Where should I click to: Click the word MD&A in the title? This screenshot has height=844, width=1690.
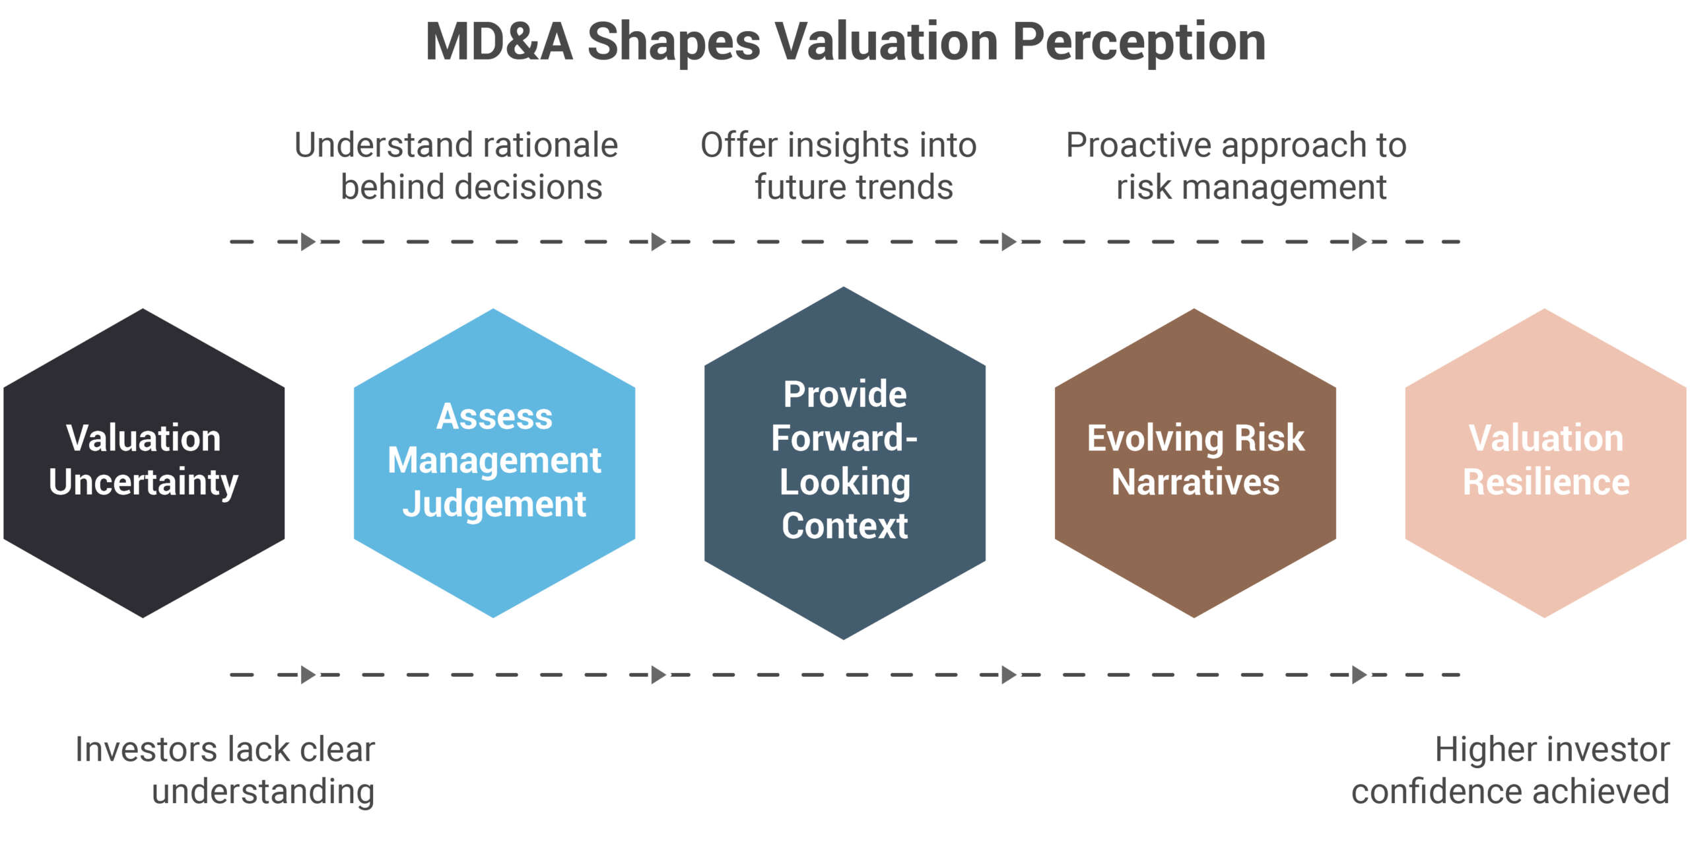point(499,42)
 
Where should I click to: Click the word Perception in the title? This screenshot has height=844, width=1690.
point(1139,42)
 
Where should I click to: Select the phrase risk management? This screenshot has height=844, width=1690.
point(1251,188)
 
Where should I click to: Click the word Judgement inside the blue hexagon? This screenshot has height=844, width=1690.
point(494,505)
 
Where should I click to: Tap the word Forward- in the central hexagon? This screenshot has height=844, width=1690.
point(844,439)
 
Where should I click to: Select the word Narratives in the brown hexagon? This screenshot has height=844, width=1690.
point(1195,482)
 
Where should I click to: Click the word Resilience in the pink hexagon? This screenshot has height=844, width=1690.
point(1546,482)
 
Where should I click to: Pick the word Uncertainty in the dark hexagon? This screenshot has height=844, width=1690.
point(143,482)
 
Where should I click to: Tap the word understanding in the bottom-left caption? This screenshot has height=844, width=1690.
point(263,791)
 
